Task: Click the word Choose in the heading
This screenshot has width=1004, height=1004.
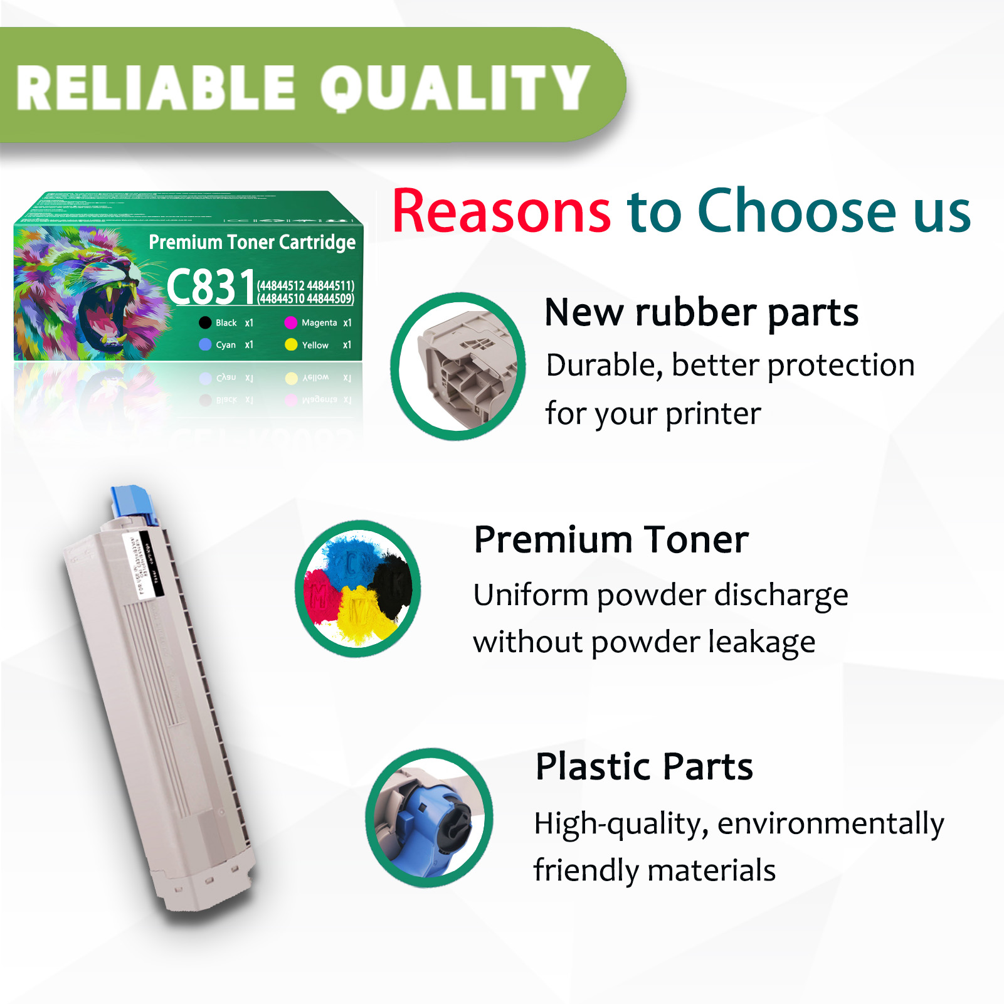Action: tap(797, 212)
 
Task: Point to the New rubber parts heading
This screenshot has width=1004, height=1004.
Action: tap(701, 312)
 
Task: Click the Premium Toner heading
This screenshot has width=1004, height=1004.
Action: tap(611, 539)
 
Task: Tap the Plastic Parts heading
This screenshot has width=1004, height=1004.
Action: tap(644, 766)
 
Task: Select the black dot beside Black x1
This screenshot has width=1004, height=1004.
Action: tap(205, 323)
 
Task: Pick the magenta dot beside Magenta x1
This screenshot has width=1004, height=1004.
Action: tap(290, 323)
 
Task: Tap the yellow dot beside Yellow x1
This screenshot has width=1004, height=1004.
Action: tap(291, 345)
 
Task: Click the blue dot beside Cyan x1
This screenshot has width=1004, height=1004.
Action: tap(205, 345)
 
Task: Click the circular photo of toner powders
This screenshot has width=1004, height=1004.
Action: tap(358, 588)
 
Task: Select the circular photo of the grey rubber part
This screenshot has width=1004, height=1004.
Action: tap(458, 366)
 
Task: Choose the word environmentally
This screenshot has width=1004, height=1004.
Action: tap(830, 824)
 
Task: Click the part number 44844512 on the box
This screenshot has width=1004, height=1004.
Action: tap(282, 286)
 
